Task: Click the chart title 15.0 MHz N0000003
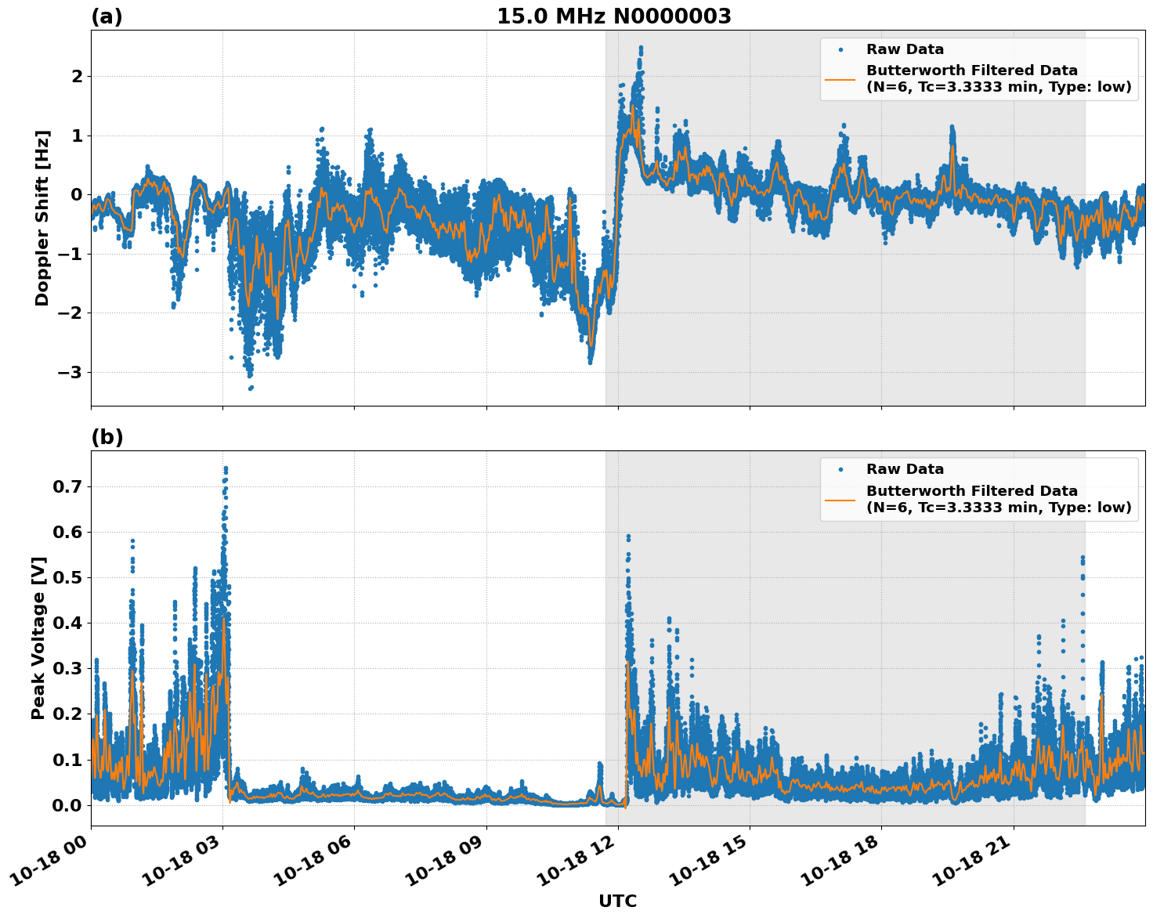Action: click(613, 16)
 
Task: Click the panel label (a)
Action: click(107, 16)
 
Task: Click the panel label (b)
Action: click(107, 437)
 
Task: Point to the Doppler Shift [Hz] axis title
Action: click(42, 218)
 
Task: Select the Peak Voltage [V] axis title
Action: click(38, 638)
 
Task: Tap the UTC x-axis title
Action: click(617, 901)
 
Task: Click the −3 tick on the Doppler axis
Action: click(70, 372)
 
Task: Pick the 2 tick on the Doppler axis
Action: click(77, 77)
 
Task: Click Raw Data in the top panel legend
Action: click(905, 49)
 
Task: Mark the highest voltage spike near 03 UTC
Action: click(226, 469)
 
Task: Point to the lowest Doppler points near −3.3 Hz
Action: click(251, 387)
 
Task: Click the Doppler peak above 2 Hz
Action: click(641, 49)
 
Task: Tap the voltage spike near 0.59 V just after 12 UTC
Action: click(628, 537)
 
